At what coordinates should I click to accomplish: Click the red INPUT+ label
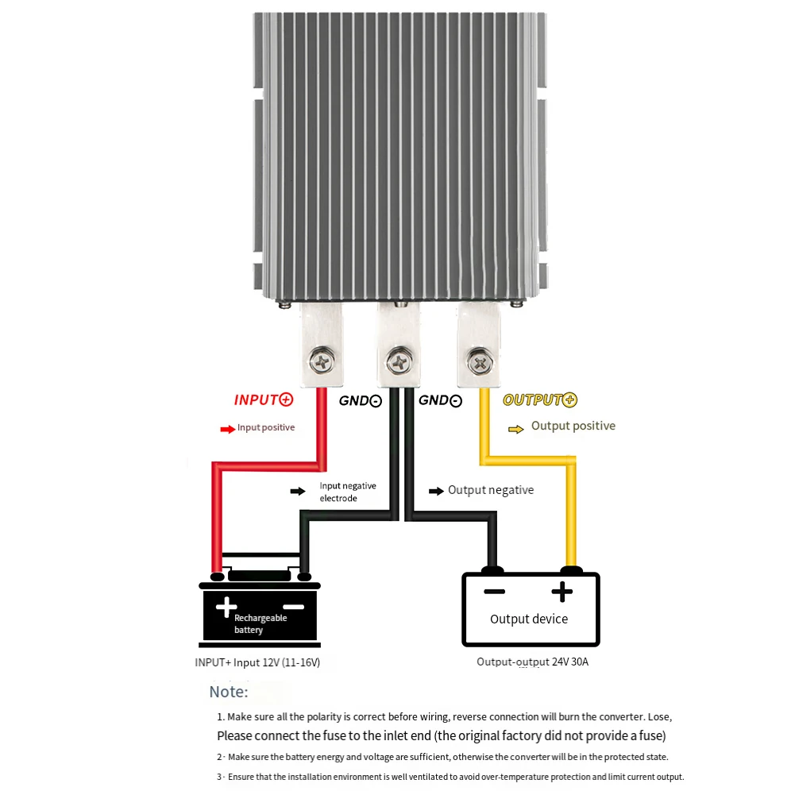point(264,399)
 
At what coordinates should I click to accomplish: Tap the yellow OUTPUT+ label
point(540,399)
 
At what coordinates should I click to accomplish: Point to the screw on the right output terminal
point(480,363)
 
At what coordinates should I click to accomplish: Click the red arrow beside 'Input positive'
point(228,429)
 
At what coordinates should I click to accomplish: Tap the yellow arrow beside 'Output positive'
point(516,429)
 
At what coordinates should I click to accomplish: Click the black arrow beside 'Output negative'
point(436,491)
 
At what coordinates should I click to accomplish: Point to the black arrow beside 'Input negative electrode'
point(298,492)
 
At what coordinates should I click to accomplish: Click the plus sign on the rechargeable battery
point(226,608)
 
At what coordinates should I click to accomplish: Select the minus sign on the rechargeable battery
point(293,608)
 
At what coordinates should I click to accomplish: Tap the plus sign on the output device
point(562,592)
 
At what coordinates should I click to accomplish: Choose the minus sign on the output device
point(495,592)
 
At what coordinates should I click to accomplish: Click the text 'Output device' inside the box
point(529,619)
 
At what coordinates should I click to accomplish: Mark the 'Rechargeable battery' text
point(260,623)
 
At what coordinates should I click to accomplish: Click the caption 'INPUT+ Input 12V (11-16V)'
point(257,662)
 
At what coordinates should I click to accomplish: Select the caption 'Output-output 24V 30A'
point(532,662)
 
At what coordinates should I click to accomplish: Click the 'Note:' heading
point(229,692)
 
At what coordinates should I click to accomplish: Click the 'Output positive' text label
point(573,426)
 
